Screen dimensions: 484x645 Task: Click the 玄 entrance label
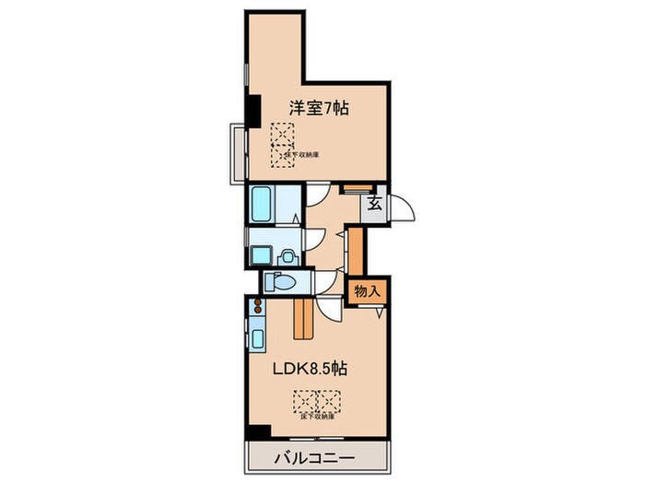point(376,206)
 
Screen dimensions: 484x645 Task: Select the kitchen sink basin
point(255,338)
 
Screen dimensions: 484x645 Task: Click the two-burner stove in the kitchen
point(255,307)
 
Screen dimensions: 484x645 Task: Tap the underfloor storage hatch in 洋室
point(282,144)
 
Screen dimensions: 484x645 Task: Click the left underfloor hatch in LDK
point(305,401)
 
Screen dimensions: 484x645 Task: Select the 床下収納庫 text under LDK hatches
point(318,417)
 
